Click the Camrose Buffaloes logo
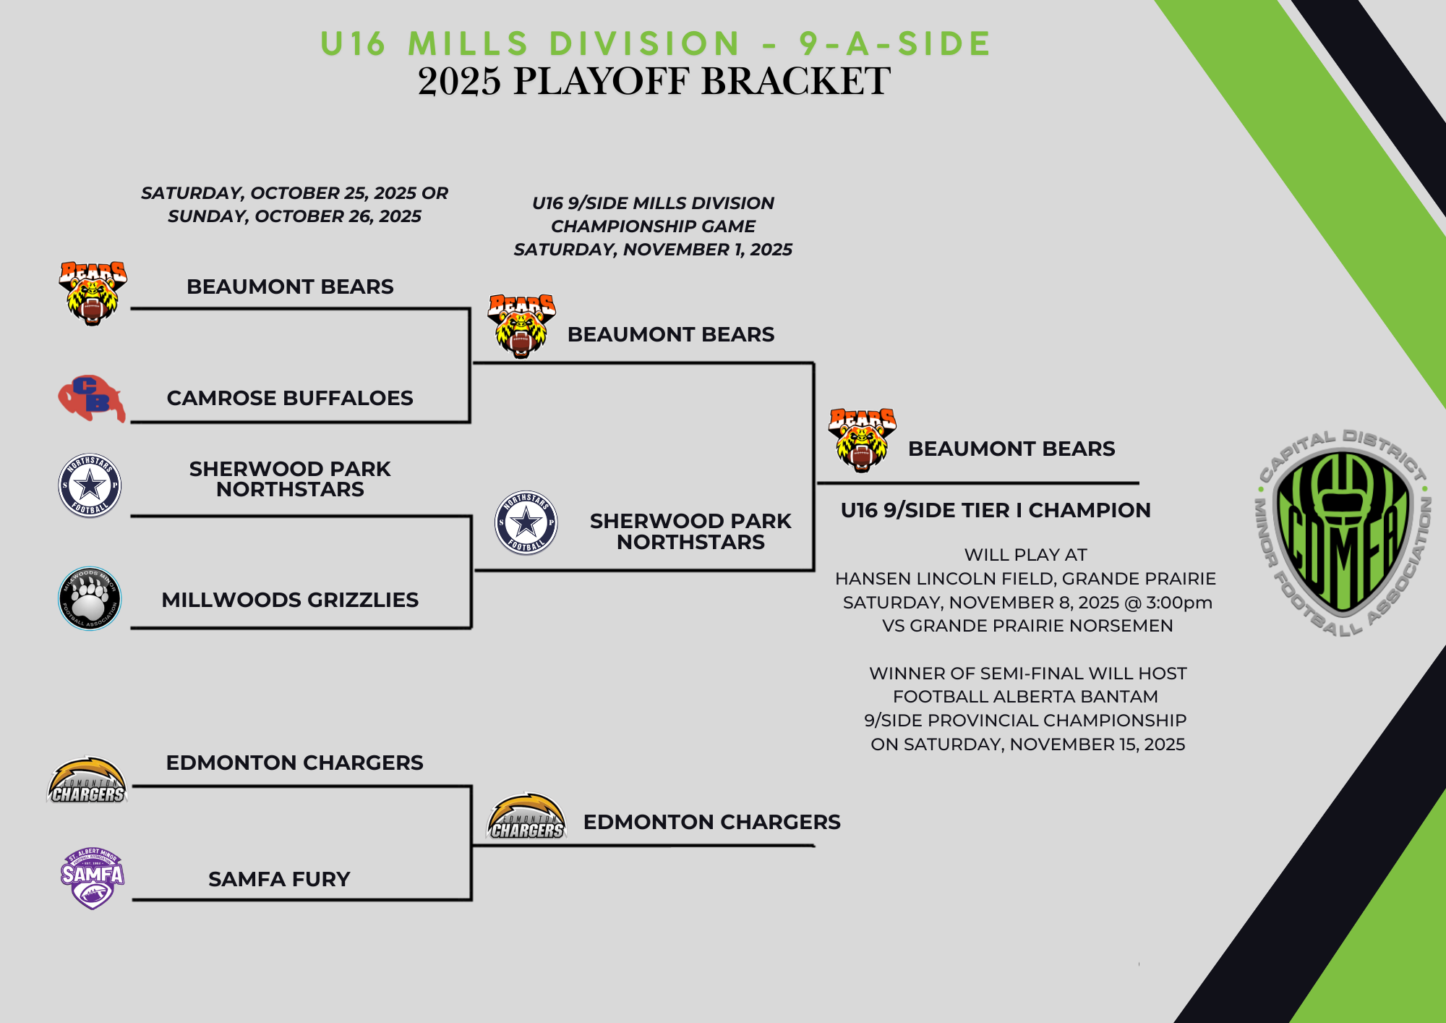click(x=91, y=398)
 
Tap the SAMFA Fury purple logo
click(x=92, y=878)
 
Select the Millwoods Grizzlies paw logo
click(x=90, y=598)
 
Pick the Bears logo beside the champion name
click(x=862, y=440)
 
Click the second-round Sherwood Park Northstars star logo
click(x=526, y=522)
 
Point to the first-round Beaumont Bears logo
click(x=92, y=293)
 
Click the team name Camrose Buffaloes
click(x=290, y=398)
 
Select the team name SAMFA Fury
click(x=279, y=879)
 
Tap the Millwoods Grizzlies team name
click(x=290, y=600)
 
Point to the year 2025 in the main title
click(x=459, y=81)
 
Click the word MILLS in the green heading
click(x=468, y=43)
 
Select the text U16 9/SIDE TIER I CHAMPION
click(x=995, y=510)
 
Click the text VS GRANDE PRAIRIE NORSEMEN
click(x=1027, y=626)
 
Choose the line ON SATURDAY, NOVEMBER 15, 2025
click(x=1027, y=744)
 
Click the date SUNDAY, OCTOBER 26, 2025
click(x=294, y=216)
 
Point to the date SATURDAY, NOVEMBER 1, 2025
click(x=653, y=250)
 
